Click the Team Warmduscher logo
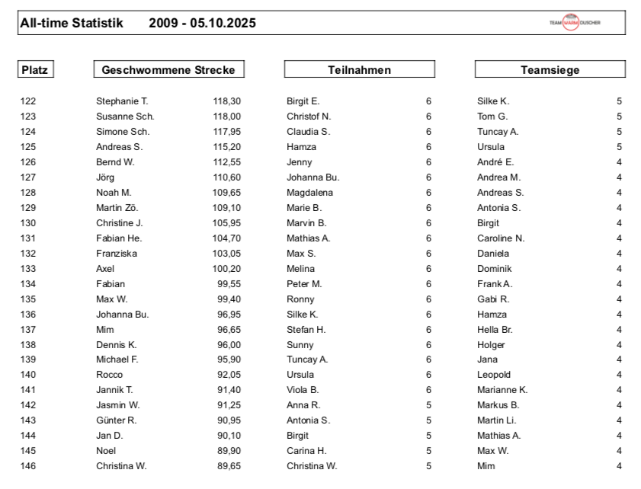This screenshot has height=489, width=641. (575, 23)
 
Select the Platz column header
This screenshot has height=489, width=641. (35, 70)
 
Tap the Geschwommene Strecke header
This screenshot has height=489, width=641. (169, 70)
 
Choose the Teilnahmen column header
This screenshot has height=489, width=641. (359, 70)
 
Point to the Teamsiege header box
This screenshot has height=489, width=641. (550, 70)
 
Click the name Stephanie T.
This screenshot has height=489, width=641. (122, 101)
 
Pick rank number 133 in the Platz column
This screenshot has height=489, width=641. (28, 269)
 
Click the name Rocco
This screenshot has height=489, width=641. (109, 375)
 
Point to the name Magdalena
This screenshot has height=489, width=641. (309, 193)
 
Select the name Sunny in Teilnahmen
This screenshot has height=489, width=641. (300, 344)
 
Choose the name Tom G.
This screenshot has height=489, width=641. (492, 117)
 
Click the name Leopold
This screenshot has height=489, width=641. (494, 375)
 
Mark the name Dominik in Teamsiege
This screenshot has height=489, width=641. (495, 269)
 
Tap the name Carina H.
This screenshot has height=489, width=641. (306, 451)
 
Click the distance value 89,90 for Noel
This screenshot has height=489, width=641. (229, 451)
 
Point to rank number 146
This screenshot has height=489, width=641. (28, 466)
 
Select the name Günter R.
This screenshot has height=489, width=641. (117, 420)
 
